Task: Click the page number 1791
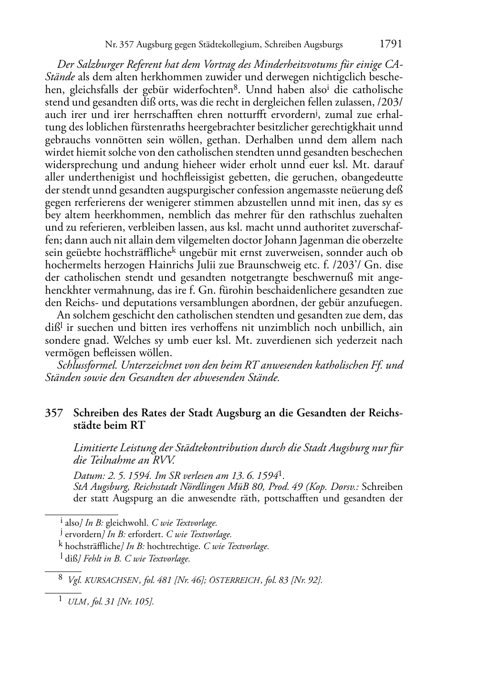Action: click(391, 44)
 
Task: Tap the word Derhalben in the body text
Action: click(271, 140)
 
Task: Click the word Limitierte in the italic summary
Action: click(95, 449)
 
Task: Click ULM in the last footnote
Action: click(77, 602)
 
